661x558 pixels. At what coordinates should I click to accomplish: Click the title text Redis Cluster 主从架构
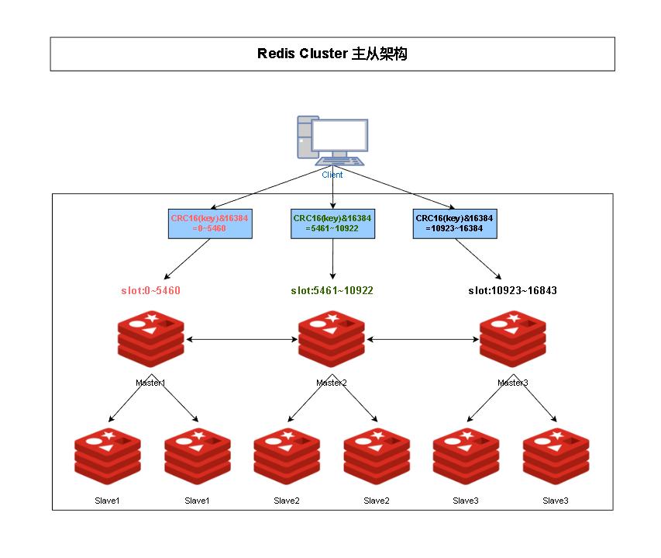click(x=332, y=54)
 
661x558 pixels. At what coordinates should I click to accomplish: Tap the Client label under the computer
click(x=332, y=175)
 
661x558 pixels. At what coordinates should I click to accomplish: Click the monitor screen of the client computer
click(x=339, y=134)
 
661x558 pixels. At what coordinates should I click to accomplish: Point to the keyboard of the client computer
click(x=339, y=161)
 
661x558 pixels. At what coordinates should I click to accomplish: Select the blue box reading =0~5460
click(x=210, y=224)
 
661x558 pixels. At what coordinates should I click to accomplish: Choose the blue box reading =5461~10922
click(x=332, y=224)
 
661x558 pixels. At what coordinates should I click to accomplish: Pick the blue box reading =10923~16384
click(x=455, y=224)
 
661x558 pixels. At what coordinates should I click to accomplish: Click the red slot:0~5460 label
click(x=150, y=290)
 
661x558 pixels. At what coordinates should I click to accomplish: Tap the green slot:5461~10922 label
click(x=332, y=290)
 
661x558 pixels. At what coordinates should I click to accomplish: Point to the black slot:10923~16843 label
click(x=513, y=290)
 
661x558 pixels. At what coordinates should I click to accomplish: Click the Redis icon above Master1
click(x=150, y=339)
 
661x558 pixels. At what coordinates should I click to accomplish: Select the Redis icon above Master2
click(x=332, y=339)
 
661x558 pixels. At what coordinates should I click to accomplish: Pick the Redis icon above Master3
click(x=513, y=339)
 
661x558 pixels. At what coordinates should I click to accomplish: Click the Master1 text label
click(x=150, y=383)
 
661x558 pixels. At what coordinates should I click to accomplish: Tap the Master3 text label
click(x=513, y=383)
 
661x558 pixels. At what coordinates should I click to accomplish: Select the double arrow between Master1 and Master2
click(x=242, y=339)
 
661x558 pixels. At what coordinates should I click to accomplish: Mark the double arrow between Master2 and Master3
click(x=422, y=339)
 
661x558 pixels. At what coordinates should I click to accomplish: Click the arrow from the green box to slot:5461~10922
click(x=332, y=258)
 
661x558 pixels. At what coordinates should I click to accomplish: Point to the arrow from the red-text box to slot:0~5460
click(x=187, y=259)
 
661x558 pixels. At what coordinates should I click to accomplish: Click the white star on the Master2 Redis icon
click(x=332, y=317)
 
